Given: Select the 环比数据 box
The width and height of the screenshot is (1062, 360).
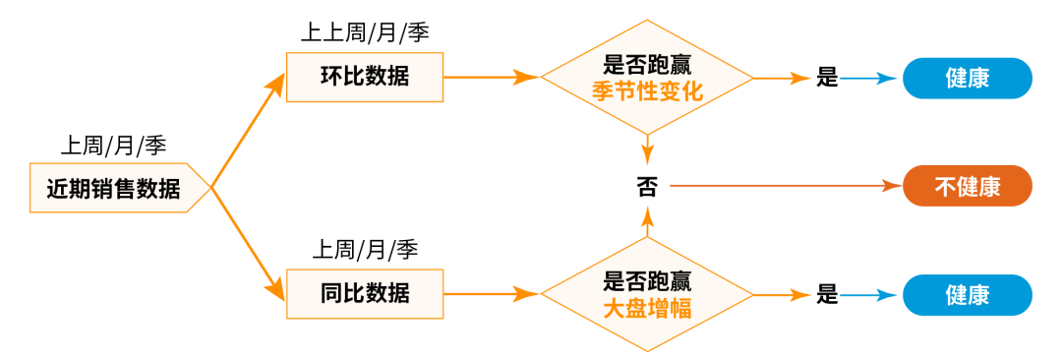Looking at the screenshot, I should tap(365, 77).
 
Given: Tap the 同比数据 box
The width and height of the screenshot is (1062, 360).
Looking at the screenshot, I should tap(365, 293).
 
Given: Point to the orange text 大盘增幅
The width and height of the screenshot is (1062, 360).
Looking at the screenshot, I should tap(646, 308).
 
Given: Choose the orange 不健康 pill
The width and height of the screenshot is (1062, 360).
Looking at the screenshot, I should tap(968, 186).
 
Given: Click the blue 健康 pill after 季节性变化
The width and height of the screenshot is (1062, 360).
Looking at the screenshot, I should tap(968, 78).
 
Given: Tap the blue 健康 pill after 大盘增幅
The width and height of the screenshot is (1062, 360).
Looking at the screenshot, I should tap(968, 294).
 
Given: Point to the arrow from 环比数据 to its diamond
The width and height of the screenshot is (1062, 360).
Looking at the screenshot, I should tap(492, 77).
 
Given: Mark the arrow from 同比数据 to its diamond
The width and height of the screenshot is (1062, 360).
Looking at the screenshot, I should tap(492, 293).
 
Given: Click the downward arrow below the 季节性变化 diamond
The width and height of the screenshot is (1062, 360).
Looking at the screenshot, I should tap(647, 150).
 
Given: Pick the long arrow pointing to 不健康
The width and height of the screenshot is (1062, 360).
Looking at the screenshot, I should tap(787, 185).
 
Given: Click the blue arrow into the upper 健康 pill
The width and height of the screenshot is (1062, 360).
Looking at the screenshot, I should tap(871, 78).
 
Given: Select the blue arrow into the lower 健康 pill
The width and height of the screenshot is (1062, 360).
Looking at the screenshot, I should tap(871, 294).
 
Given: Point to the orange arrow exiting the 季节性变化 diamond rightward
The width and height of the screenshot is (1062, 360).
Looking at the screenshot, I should tap(783, 78).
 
